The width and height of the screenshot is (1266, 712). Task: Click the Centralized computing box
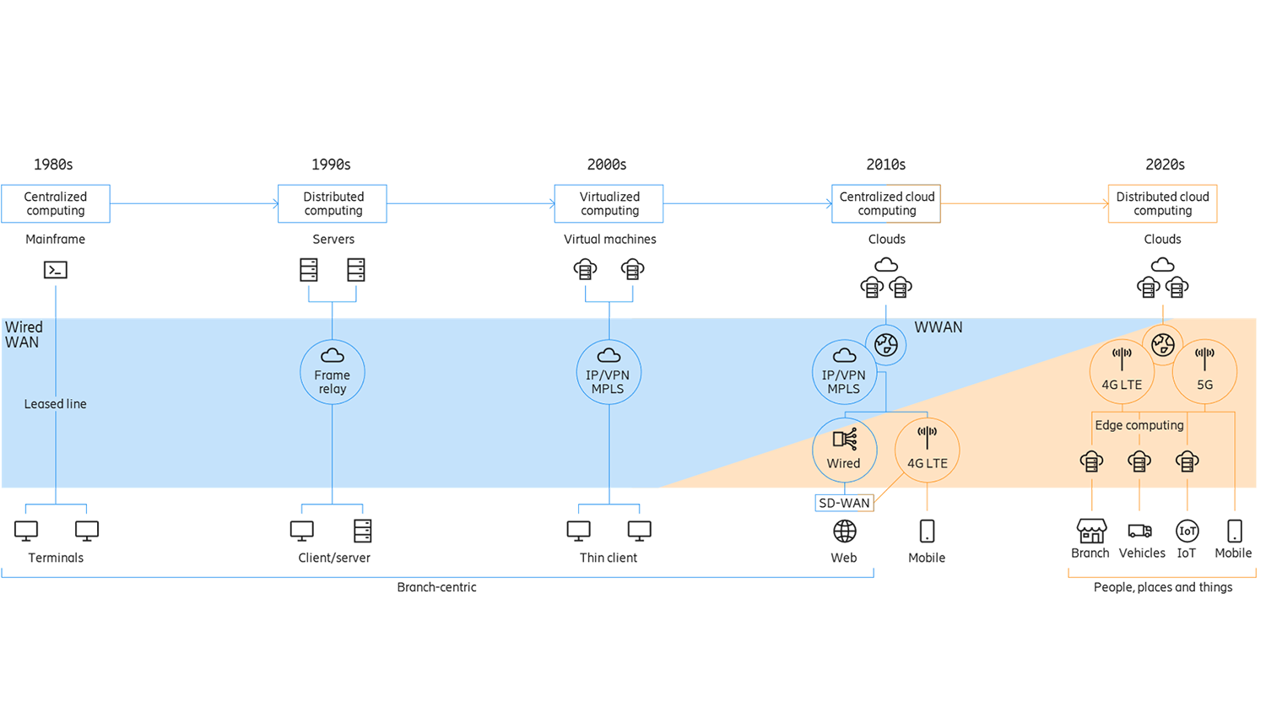click(56, 203)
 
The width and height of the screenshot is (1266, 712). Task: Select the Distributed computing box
click(333, 203)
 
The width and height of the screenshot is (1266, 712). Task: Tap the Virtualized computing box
click(609, 203)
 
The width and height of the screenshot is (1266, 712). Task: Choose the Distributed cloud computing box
click(1162, 203)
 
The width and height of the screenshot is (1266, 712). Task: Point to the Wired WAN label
click(24, 335)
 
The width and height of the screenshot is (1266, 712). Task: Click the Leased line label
click(55, 404)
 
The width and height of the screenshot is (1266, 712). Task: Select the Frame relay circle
click(333, 372)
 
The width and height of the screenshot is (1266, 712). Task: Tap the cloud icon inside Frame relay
click(333, 355)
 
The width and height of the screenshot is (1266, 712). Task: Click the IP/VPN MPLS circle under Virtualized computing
click(609, 372)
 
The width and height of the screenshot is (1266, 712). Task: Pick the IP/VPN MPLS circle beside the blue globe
click(844, 372)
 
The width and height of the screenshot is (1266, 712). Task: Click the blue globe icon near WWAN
click(886, 344)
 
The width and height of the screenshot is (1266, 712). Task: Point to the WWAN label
click(938, 327)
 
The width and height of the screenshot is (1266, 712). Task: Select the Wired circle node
click(844, 450)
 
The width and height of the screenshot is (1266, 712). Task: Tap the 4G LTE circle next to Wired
click(927, 450)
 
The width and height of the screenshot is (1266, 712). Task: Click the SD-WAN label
click(844, 503)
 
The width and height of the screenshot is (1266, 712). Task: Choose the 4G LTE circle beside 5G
click(1122, 371)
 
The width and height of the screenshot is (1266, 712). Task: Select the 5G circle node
click(1204, 371)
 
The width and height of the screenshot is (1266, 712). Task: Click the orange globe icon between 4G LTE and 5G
click(1163, 344)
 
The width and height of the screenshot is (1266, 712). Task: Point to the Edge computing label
click(1139, 425)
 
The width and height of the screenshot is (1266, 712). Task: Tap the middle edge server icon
click(1139, 461)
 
